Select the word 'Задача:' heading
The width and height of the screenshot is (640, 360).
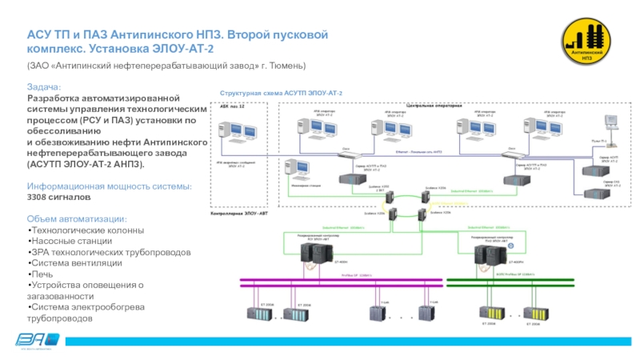coord(42,86)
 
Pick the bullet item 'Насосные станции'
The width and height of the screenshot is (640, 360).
coord(67,241)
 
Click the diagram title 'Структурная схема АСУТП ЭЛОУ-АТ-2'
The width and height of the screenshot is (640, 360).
coord(281,94)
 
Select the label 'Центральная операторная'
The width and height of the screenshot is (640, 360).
coord(433,106)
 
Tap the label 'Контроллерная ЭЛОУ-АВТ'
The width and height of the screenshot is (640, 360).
coord(238,215)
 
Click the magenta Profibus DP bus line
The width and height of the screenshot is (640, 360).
coord(336,280)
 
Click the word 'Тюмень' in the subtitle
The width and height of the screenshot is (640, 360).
coord(288,65)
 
